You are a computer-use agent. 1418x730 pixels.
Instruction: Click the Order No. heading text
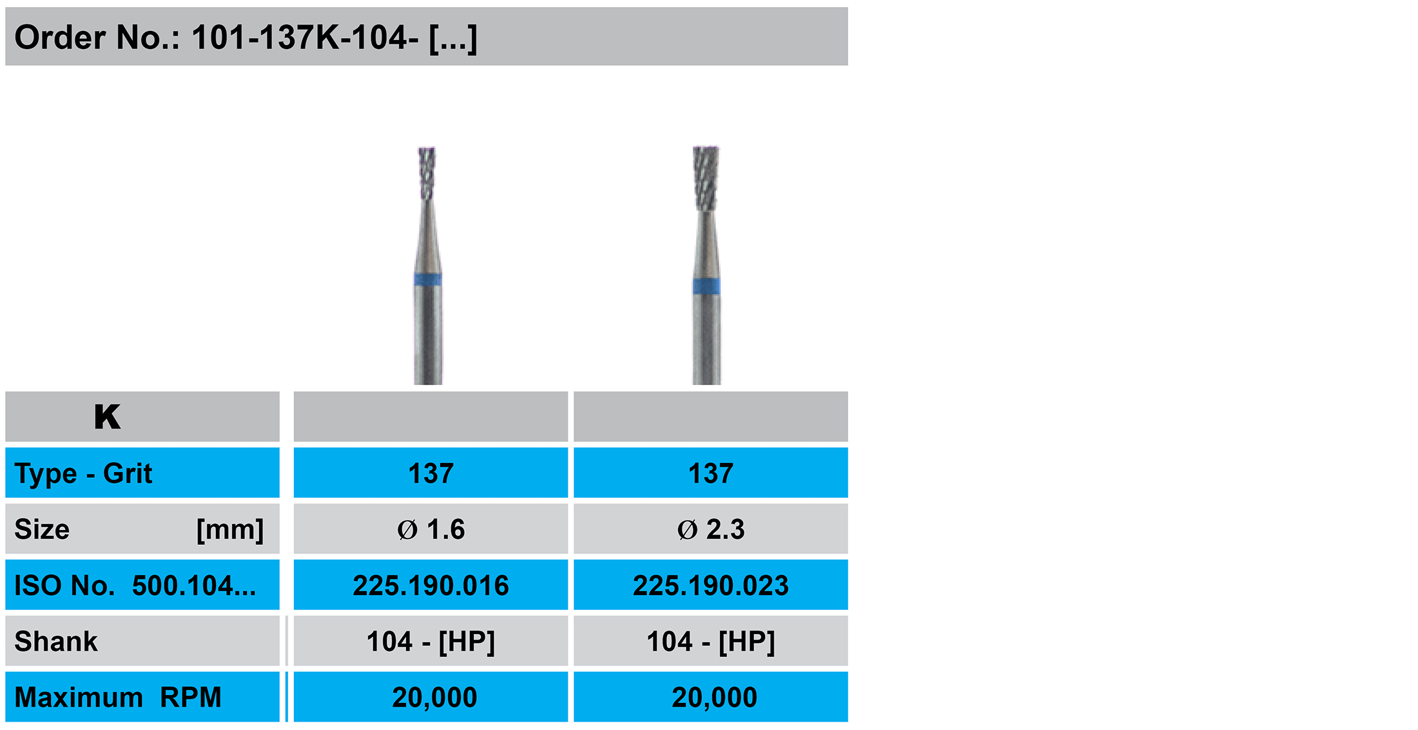pos(246,37)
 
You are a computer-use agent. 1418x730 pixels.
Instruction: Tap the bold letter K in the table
pos(107,417)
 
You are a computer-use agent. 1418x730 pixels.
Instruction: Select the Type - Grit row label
pos(83,473)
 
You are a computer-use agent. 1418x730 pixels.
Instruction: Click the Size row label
pos(42,529)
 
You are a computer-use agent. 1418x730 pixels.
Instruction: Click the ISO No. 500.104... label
pos(135,586)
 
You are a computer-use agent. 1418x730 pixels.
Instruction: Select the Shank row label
pos(56,642)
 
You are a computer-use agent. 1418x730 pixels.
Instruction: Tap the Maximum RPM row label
pos(118,697)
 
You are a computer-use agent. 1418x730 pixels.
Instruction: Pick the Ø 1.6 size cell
pos(431,529)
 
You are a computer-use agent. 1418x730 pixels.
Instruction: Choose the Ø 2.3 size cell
pos(711,529)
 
